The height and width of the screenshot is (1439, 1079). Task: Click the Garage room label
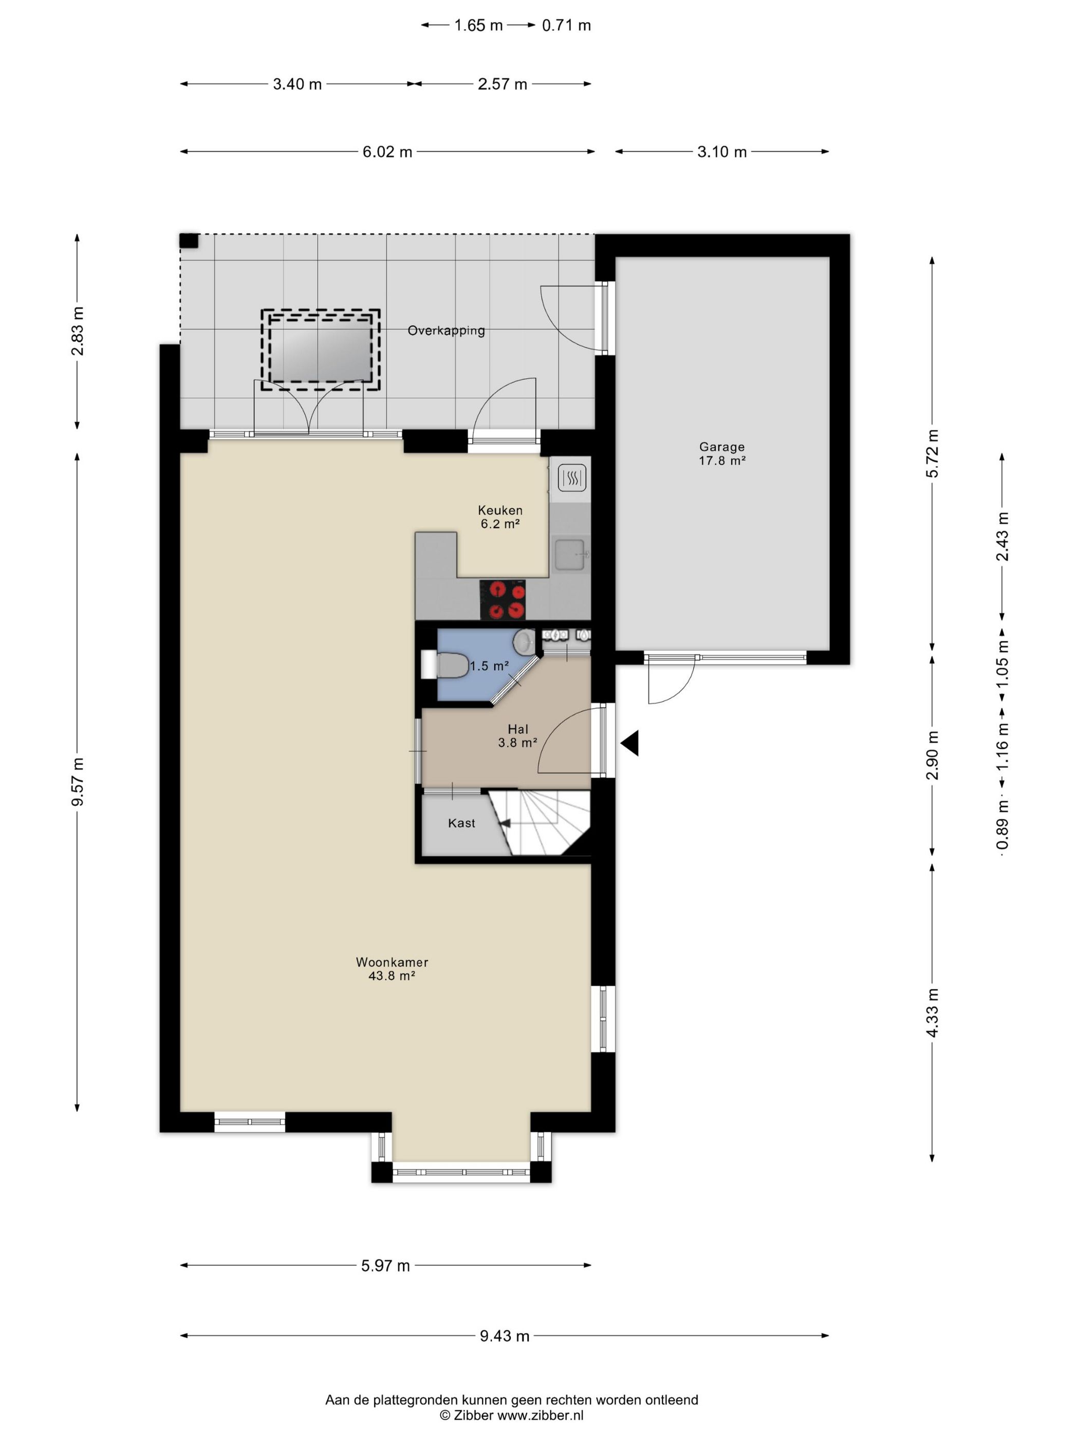point(721,447)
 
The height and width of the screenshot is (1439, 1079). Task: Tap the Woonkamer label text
point(392,962)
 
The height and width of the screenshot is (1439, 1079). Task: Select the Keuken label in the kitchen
point(499,510)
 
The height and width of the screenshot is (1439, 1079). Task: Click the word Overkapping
point(446,330)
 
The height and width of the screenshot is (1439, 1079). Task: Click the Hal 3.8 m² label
point(518,736)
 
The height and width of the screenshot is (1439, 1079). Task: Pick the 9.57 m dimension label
point(78,782)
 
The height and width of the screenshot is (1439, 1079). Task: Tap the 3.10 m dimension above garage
point(722,152)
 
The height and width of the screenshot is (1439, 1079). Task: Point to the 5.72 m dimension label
point(932,453)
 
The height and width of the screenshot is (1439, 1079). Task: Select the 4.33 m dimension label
point(932,1013)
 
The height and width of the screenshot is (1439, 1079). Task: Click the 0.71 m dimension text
point(567,25)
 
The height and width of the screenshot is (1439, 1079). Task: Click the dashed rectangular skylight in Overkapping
point(321,350)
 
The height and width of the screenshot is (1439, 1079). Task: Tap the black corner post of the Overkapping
point(189,241)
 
